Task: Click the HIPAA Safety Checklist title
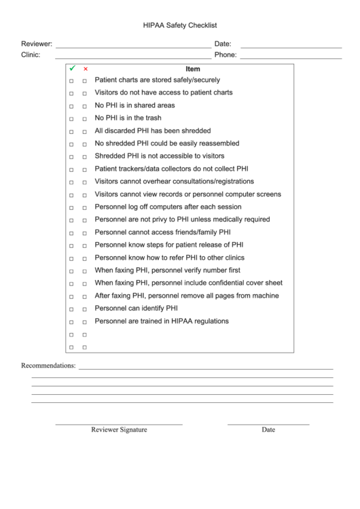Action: tap(180, 25)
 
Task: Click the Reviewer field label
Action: tap(37, 43)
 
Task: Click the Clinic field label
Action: tap(31, 55)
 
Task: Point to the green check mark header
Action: tap(71, 69)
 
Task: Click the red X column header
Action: tap(85, 69)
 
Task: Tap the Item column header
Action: tap(193, 69)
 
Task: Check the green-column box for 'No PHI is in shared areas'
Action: tap(71, 107)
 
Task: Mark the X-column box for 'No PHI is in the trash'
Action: tap(85, 119)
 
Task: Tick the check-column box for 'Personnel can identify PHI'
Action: tap(71, 309)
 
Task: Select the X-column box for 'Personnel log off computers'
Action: tap(85, 208)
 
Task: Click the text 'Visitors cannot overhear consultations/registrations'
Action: tap(174, 181)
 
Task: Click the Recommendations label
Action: tap(48, 366)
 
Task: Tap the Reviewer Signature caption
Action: tap(119, 429)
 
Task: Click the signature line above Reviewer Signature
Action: tap(119, 424)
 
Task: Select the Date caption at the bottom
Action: tap(268, 429)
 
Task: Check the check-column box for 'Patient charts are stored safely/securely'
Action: tap(71, 81)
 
